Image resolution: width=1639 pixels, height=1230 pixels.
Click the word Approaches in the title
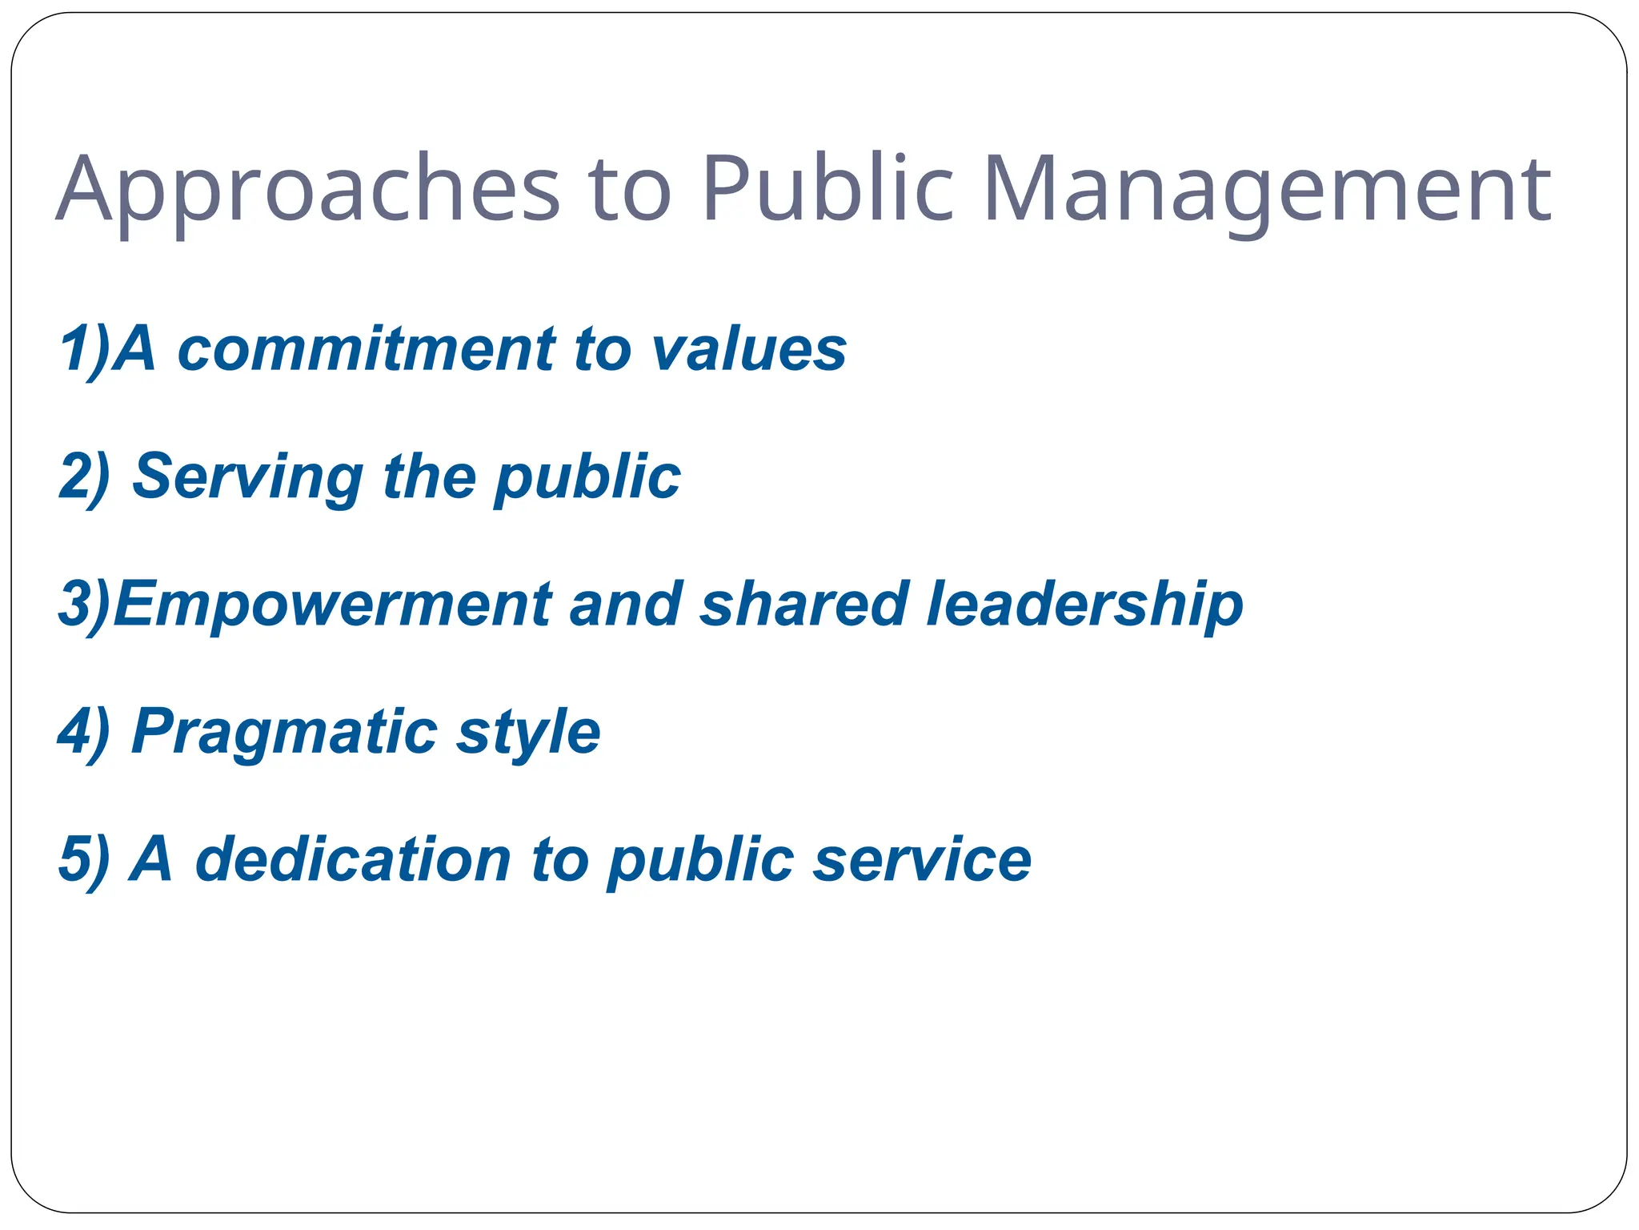308,189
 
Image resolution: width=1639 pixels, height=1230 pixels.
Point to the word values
748,349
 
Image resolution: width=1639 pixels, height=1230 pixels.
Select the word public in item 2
587,477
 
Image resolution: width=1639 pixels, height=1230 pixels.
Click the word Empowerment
331,605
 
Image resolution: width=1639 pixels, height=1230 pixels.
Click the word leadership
1084,605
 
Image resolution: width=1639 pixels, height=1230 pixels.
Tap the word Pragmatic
284,733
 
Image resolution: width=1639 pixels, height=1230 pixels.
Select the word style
528,733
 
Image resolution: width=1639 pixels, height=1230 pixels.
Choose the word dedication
352,859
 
